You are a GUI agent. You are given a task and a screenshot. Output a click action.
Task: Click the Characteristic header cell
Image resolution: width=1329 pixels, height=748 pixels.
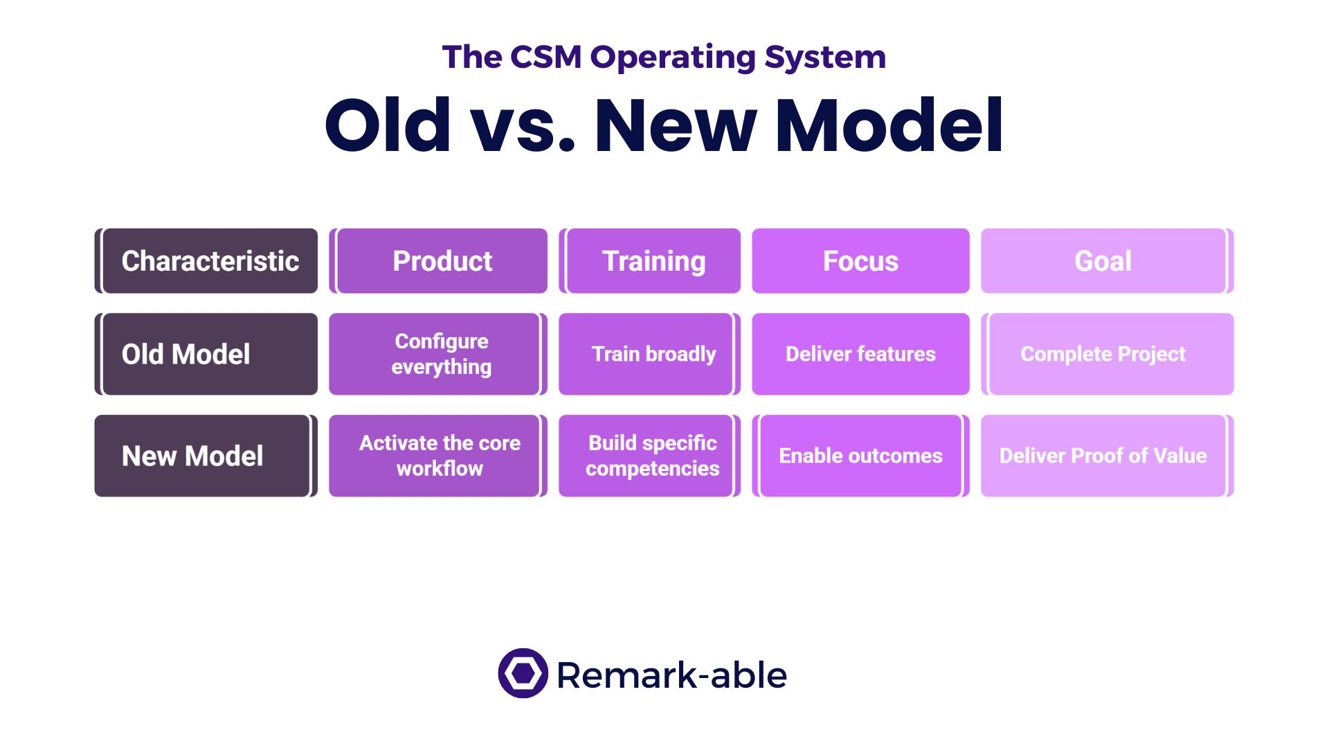(206, 261)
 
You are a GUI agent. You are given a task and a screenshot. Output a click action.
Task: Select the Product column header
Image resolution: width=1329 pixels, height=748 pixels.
(438, 261)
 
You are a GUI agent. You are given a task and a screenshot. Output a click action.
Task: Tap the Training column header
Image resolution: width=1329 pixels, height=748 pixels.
(649, 261)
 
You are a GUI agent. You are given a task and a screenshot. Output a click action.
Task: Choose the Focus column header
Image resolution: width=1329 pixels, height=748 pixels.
(860, 261)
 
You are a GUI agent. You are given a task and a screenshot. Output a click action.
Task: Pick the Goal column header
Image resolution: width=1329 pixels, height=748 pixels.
(1107, 261)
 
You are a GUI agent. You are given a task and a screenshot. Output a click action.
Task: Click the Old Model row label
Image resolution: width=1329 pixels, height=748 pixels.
(206, 354)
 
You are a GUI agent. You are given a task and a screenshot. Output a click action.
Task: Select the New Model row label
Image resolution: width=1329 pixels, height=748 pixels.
(206, 456)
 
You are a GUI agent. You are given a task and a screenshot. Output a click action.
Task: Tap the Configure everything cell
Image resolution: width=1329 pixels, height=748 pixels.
(438, 354)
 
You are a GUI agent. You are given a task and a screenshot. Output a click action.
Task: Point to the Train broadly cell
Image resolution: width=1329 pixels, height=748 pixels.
(649, 354)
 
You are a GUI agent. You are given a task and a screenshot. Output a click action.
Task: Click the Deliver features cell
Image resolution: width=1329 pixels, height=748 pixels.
(860, 354)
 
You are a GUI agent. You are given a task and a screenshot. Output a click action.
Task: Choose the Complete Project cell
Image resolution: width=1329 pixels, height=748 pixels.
(1107, 354)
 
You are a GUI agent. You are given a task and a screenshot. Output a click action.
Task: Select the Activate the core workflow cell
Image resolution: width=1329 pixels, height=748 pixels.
(438, 456)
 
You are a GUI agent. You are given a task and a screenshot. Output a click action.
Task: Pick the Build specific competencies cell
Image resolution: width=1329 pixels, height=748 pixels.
(649, 456)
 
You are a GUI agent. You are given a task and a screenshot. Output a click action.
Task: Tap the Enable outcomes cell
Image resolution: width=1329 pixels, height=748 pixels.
(860, 456)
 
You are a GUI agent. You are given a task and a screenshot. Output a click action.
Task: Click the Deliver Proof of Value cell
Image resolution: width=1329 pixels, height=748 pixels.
(1107, 456)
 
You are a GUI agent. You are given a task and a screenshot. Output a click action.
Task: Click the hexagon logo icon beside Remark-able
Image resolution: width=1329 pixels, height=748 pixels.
(523, 673)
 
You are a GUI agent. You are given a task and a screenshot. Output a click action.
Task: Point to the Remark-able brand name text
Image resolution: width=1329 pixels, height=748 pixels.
(671, 675)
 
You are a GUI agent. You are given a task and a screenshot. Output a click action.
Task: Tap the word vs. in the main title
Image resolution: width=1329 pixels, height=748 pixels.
(523, 125)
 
